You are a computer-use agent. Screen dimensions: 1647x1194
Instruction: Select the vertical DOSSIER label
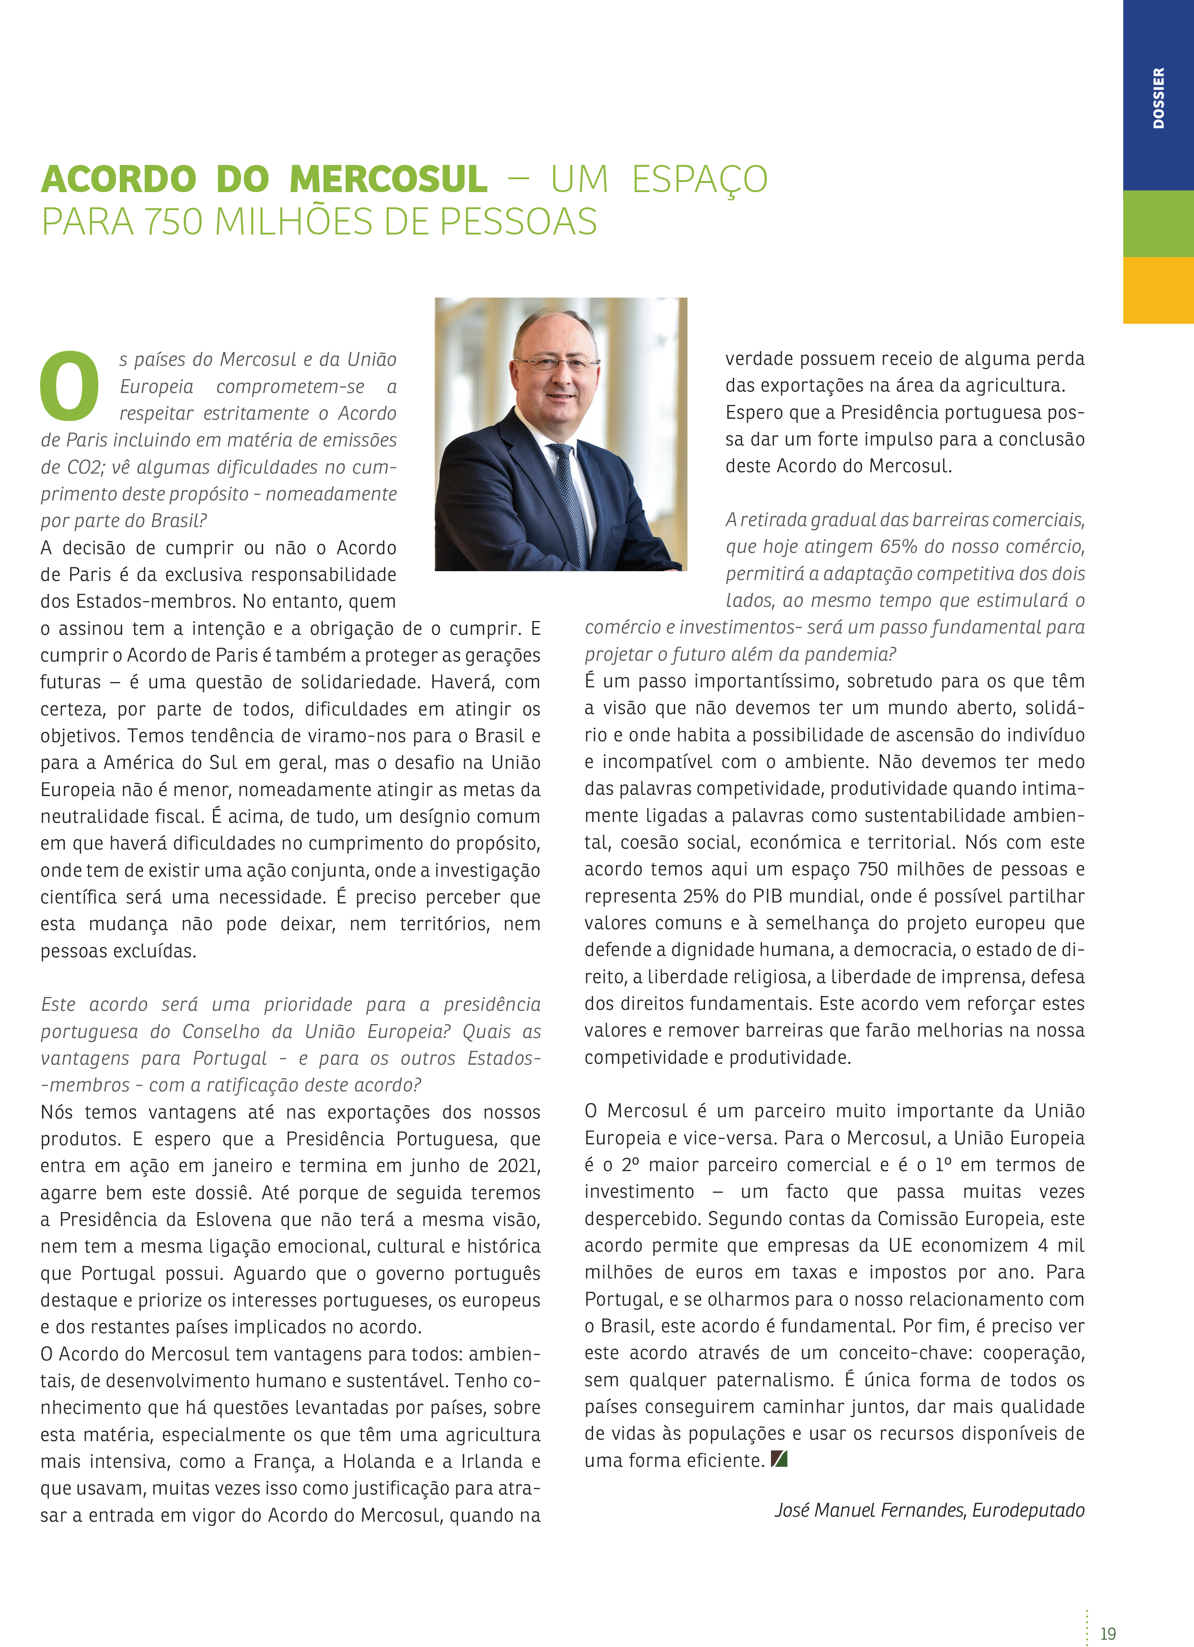(1159, 98)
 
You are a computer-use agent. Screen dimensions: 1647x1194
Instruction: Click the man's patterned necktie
(570, 494)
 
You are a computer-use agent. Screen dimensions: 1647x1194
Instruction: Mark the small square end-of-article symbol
(779, 1458)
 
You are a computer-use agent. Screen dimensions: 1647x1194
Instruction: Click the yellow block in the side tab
(1159, 291)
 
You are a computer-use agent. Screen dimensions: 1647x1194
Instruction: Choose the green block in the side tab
(1159, 223)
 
